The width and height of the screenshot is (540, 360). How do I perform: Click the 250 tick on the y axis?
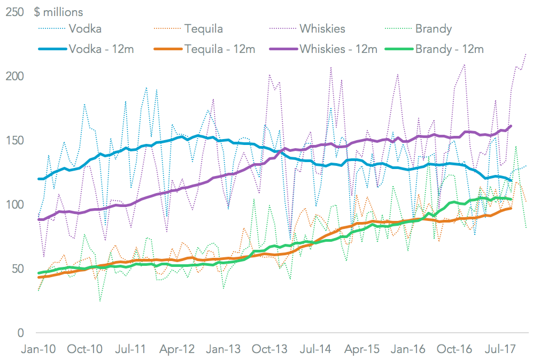(15, 12)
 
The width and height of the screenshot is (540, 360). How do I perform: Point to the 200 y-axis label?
(15, 76)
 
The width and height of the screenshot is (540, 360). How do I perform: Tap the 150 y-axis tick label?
(15, 140)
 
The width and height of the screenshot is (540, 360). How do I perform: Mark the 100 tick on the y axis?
(15, 204)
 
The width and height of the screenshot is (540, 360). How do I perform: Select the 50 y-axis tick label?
(18, 269)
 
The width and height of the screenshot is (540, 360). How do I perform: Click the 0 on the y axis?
(21, 333)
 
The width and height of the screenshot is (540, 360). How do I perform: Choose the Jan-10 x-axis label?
(37, 349)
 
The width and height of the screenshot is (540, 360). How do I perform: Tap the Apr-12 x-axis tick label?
(178, 349)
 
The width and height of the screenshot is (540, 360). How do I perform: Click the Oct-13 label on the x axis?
(270, 349)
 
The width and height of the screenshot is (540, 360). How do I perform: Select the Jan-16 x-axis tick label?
(409, 349)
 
